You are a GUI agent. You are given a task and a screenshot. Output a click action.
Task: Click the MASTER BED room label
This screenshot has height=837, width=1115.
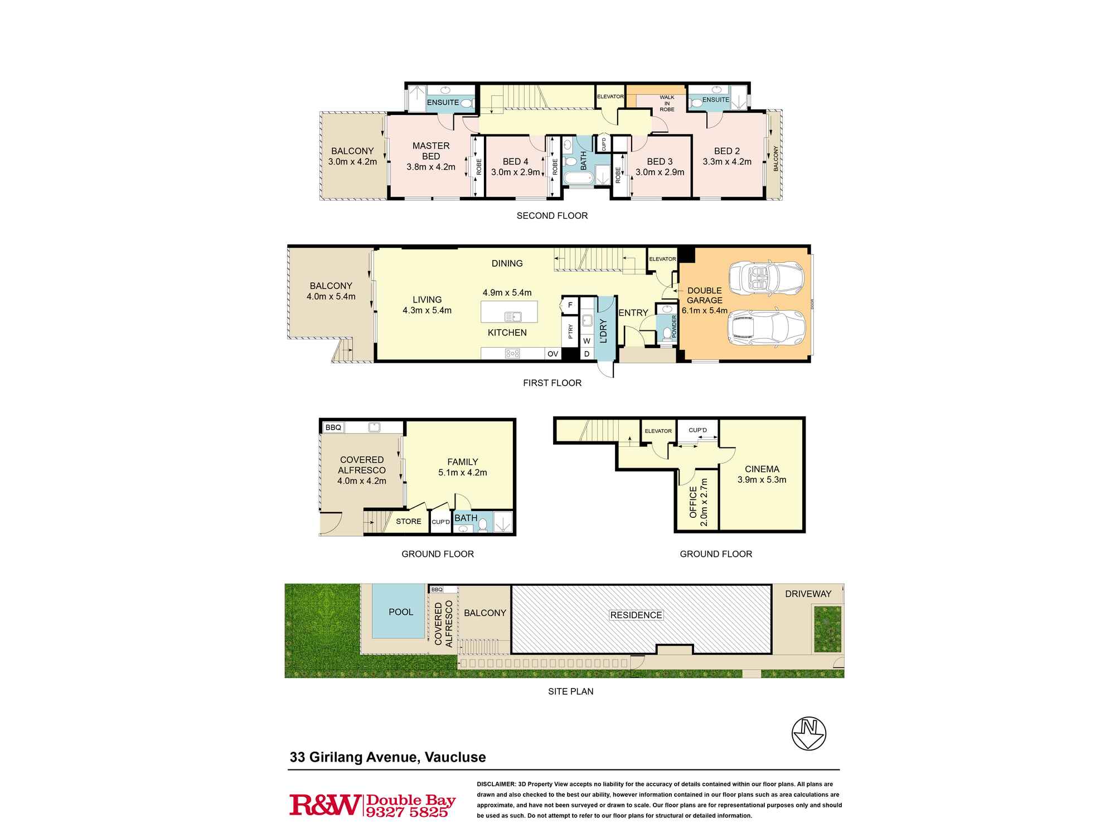(x=430, y=151)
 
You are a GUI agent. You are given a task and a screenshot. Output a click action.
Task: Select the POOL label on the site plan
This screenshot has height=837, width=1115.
(x=401, y=612)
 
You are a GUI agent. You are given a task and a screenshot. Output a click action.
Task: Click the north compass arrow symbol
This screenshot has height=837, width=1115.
(x=809, y=733)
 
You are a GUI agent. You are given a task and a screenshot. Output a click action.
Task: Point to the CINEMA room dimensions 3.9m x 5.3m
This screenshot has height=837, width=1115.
(x=762, y=480)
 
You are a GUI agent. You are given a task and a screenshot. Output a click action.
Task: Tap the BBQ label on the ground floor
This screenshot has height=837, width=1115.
(x=333, y=427)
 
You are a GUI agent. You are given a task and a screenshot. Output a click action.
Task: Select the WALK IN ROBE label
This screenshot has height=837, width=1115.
(x=667, y=103)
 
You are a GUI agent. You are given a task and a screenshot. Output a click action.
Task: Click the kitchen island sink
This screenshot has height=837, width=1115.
(x=512, y=317)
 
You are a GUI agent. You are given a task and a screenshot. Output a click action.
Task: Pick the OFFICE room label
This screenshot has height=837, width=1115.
(x=694, y=502)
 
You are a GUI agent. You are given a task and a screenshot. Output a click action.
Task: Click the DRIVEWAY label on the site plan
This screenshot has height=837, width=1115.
(x=808, y=594)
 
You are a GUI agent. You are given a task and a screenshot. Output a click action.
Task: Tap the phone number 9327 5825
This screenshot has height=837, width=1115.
(x=406, y=812)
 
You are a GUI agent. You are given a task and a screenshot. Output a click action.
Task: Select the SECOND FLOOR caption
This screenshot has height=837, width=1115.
(x=552, y=215)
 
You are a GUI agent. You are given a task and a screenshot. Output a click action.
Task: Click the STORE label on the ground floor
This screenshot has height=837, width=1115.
(x=409, y=521)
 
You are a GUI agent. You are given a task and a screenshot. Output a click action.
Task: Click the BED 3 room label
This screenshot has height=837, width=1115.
(x=660, y=161)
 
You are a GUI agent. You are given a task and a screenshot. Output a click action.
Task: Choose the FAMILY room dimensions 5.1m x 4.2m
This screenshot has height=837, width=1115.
(x=462, y=473)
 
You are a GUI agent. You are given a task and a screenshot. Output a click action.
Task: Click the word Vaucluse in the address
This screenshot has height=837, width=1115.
(x=455, y=757)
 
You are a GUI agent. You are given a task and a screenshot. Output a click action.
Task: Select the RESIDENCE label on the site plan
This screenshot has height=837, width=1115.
(x=636, y=615)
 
